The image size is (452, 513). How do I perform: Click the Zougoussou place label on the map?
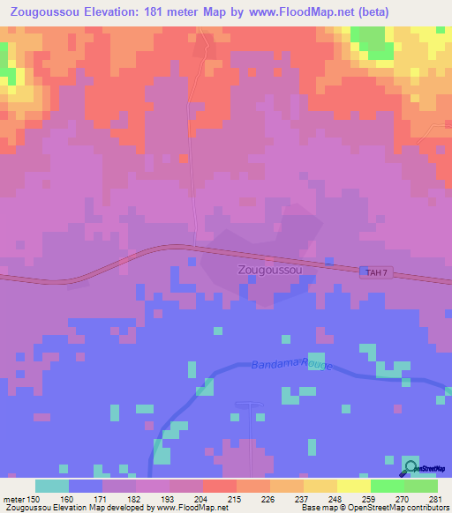[x=270, y=271]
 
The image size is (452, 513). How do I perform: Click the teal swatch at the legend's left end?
[x=52, y=486]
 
